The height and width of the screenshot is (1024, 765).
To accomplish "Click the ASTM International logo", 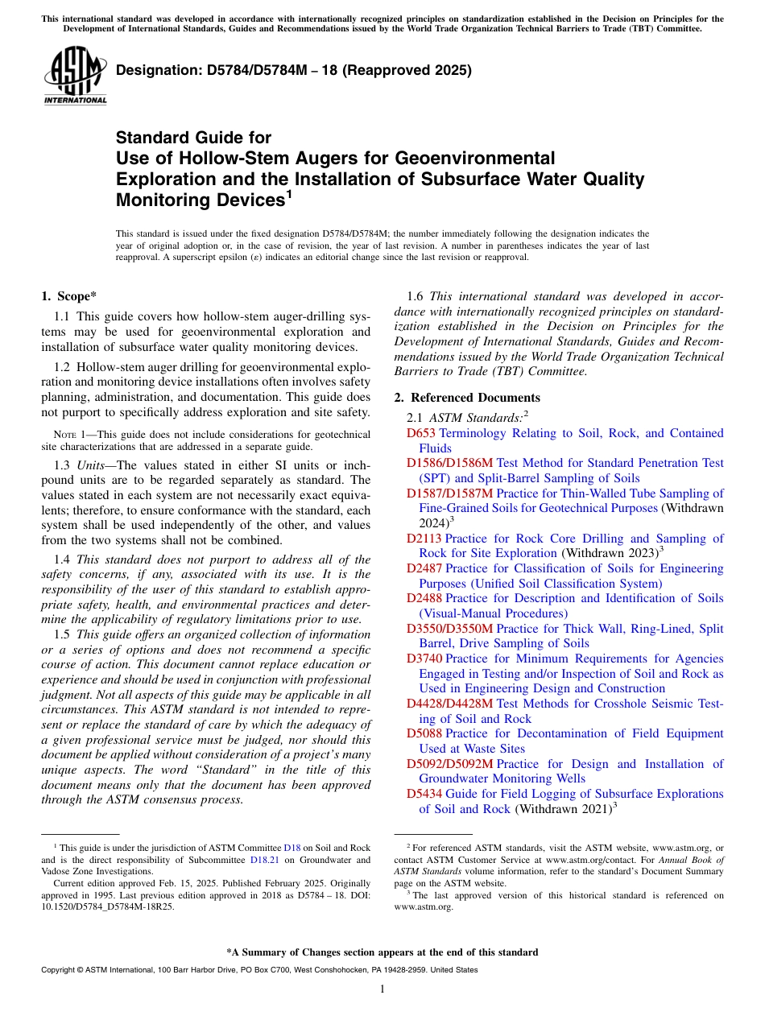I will [x=75, y=75].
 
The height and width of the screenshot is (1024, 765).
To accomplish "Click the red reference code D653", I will [x=420, y=433].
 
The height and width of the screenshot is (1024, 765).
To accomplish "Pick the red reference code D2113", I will [x=424, y=539].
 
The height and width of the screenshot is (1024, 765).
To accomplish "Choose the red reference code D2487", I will [x=424, y=568].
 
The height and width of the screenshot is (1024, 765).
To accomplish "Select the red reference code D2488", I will [x=424, y=598].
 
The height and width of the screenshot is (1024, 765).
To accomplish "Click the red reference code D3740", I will [x=424, y=659].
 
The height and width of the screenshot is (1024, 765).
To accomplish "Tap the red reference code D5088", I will [x=424, y=733].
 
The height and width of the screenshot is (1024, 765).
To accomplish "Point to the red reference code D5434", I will [x=424, y=794].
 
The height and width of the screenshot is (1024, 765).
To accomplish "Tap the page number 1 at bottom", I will [x=382, y=989].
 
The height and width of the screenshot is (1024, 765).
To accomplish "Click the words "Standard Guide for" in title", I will [x=194, y=138].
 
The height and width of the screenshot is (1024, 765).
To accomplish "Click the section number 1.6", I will [x=416, y=296].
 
